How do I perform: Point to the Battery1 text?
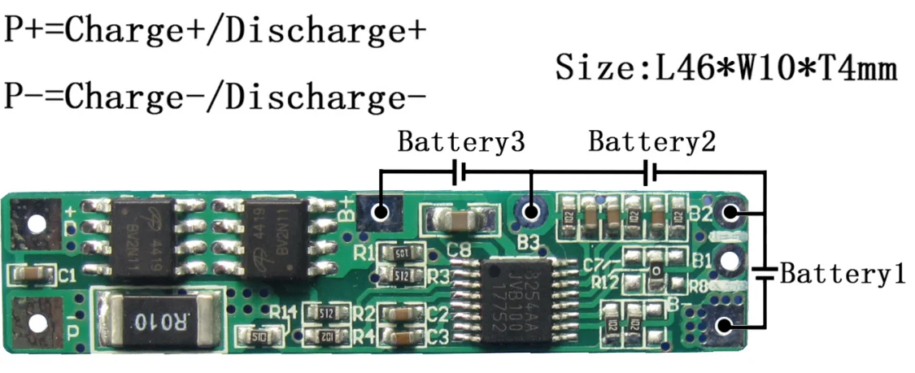click(843, 274)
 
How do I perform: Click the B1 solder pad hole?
click(730, 261)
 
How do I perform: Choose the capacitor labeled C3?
click(402, 336)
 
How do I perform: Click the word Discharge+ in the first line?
click(325, 30)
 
